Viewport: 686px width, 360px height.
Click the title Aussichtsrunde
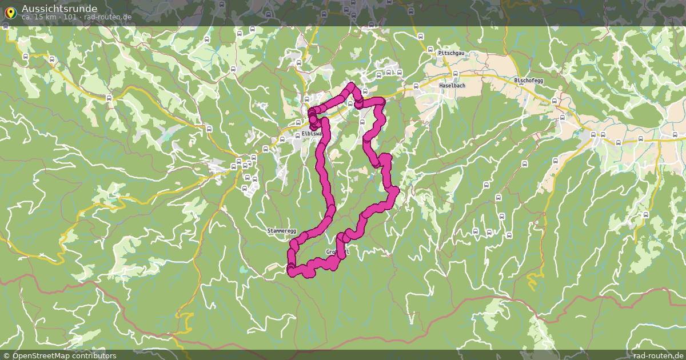(x=59, y=8)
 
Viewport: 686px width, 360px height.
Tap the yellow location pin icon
(x=10, y=12)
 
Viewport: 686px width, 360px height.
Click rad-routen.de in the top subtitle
(x=108, y=17)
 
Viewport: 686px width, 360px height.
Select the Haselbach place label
(x=452, y=85)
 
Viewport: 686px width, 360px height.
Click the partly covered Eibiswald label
(x=312, y=134)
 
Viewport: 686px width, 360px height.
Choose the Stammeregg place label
(x=282, y=231)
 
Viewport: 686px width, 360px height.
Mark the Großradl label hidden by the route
(x=337, y=252)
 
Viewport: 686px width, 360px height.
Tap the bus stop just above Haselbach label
(x=455, y=73)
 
